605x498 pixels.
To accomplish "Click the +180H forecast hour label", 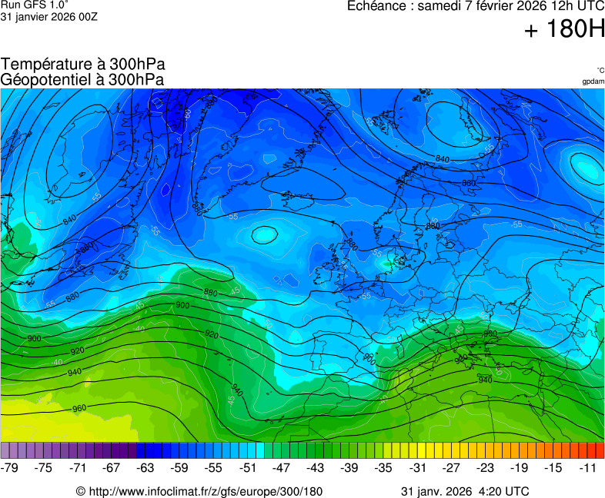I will pyautogui.click(x=564, y=30).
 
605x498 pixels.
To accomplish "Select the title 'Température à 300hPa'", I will pyautogui.click(x=83, y=65).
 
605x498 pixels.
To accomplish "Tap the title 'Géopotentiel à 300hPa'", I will pyautogui.click(x=82, y=79).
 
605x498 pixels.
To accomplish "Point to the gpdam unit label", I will pyautogui.click(x=593, y=81).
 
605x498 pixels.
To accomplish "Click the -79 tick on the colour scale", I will pyautogui.click(x=10, y=467).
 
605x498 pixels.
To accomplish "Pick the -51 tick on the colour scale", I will pyautogui.click(x=248, y=467).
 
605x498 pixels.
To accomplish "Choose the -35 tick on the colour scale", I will pyautogui.click(x=383, y=467).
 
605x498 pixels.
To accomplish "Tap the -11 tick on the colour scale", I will pyautogui.click(x=588, y=467).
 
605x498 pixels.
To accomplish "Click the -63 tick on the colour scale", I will pyautogui.click(x=145, y=467).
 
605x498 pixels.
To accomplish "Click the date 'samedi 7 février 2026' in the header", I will pyautogui.click(x=487, y=7).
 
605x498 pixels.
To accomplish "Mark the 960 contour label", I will pyautogui.click(x=79, y=408).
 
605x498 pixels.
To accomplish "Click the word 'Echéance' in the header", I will pyautogui.click(x=376, y=7).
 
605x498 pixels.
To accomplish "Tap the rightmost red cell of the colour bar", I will pyautogui.click(x=600, y=450).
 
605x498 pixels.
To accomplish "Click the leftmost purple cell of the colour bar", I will pyautogui.click(x=5, y=450).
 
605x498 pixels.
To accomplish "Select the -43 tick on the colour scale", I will pyautogui.click(x=316, y=467).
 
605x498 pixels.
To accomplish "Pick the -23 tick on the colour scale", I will pyautogui.click(x=486, y=467).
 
